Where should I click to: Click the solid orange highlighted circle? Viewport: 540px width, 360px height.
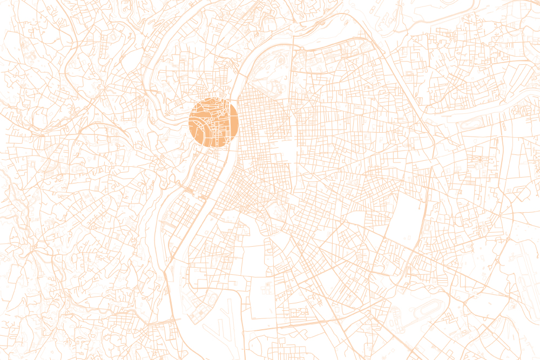click(x=213, y=122)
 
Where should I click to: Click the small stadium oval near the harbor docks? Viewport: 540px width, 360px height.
click(x=212, y=300)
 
